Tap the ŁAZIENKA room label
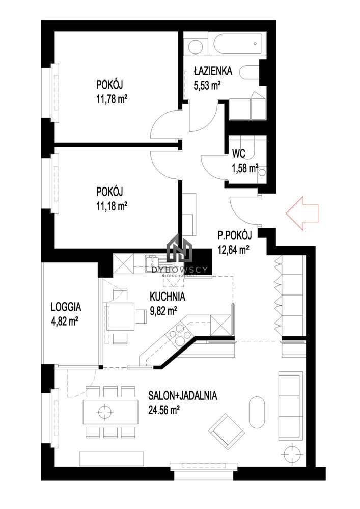[213, 71]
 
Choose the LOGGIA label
[66, 307]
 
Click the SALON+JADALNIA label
[183, 395]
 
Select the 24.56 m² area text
[165, 408]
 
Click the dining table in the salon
[110, 411]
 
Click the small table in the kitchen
[120, 316]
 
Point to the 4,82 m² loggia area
[64, 321]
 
